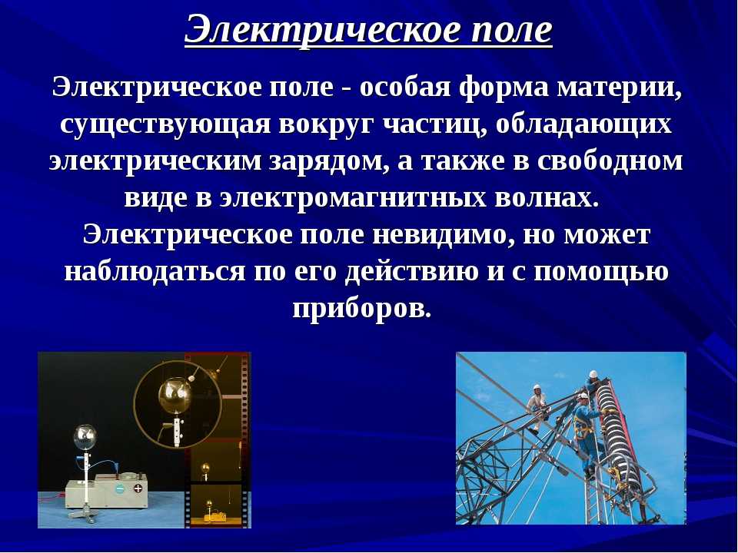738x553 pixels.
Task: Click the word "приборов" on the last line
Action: click(361, 309)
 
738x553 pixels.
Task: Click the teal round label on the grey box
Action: click(121, 489)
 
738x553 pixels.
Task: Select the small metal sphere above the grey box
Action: click(85, 437)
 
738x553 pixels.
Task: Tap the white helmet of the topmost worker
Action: click(593, 374)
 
